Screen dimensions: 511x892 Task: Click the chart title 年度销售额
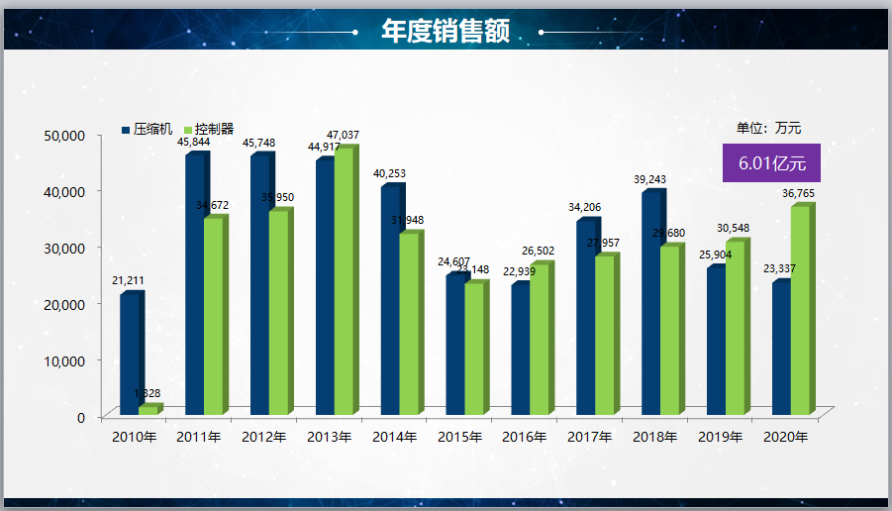click(x=446, y=32)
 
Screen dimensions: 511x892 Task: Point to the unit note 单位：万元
click(x=768, y=128)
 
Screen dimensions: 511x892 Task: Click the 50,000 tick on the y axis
click(x=67, y=135)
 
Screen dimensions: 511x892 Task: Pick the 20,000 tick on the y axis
click(x=67, y=304)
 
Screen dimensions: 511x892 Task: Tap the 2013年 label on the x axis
click(x=329, y=437)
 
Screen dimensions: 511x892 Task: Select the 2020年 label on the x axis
click(x=786, y=437)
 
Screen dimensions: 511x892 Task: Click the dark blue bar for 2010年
click(x=130, y=355)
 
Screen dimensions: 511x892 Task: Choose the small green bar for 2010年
click(x=148, y=410)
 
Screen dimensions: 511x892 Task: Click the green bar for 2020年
click(x=800, y=310)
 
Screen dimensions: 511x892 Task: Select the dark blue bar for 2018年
click(x=650, y=303)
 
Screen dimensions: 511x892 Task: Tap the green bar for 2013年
click(x=343, y=281)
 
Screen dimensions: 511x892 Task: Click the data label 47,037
click(x=344, y=135)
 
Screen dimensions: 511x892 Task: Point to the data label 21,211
click(x=128, y=281)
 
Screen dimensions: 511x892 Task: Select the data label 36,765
click(x=799, y=193)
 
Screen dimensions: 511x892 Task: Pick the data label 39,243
click(x=649, y=179)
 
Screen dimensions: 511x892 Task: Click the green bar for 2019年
click(x=735, y=328)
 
